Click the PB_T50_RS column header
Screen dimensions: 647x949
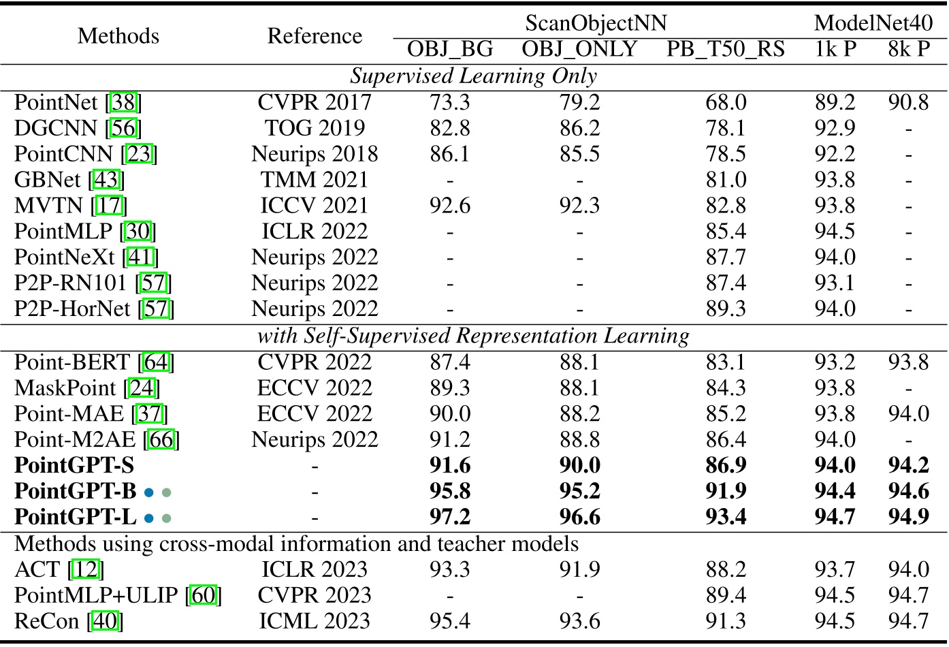tap(725, 50)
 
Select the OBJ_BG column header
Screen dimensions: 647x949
tap(449, 50)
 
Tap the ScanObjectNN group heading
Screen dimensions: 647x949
tap(596, 23)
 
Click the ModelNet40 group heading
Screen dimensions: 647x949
tap(873, 23)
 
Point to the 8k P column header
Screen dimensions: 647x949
tap(909, 50)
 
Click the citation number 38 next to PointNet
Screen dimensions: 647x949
tap(124, 103)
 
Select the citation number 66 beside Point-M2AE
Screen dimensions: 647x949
tap(161, 440)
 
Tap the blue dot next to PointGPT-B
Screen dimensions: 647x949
tap(148, 492)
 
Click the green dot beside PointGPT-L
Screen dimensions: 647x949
tap(166, 518)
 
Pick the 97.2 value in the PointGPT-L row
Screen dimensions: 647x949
tap(449, 517)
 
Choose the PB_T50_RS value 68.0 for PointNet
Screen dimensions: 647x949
tap(726, 103)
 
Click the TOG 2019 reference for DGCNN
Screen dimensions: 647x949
tap(315, 129)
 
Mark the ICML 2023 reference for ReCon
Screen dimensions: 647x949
tap(315, 621)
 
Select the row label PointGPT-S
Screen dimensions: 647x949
tap(74, 466)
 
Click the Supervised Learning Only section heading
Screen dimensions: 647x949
tap(474, 76)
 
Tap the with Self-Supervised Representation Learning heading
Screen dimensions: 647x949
tap(474, 336)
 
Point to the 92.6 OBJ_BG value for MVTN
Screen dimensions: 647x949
tap(449, 206)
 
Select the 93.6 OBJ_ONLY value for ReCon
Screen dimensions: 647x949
tap(579, 621)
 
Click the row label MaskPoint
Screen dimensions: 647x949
tap(65, 388)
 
